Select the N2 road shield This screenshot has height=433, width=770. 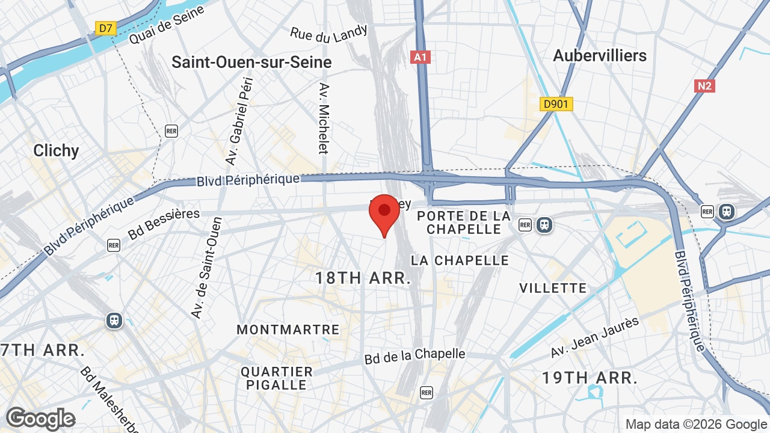(x=704, y=86)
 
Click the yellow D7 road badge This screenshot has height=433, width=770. (x=106, y=28)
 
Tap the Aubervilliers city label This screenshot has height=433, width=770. (x=600, y=55)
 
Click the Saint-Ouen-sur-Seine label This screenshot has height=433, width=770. (x=251, y=62)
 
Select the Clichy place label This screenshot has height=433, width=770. (x=56, y=150)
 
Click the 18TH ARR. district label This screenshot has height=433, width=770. (x=363, y=278)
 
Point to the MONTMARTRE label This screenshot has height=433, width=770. (x=288, y=330)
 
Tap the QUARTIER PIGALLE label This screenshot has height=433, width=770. (x=277, y=378)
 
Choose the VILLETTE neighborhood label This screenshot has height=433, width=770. (x=553, y=288)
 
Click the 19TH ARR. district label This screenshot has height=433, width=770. (x=590, y=378)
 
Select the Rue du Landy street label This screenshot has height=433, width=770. (x=328, y=35)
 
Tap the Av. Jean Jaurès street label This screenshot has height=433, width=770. (x=594, y=337)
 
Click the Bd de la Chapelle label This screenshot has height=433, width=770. (x=415, y=355)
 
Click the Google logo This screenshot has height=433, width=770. (x=40, y=419)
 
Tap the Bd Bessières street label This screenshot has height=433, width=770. (x=164, y=224)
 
